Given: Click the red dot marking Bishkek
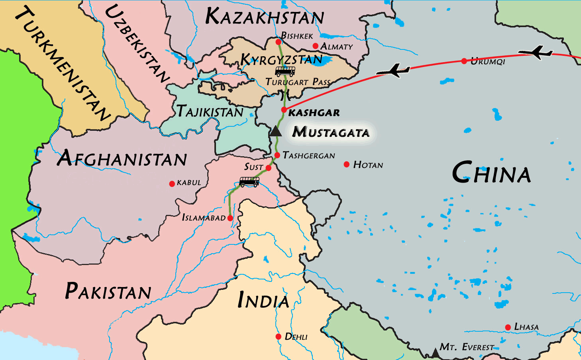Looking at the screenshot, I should click(x=278, y=42).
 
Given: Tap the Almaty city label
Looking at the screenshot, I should click(x=337, y=47).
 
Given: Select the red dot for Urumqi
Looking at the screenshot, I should click(x=464, y=61).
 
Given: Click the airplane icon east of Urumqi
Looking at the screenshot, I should click(x=536, y=52).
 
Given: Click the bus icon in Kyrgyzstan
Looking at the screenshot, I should click(x=285, y=71).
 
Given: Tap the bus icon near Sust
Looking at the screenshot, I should click(x=249, y=182).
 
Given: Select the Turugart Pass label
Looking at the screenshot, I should click(x=298, y=82).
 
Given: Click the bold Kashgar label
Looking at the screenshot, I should click(x=314, y=113).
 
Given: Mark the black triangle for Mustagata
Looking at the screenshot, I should click(x=276, y=131).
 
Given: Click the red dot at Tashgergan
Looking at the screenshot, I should click(x=277, y=155).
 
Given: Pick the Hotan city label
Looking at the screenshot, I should click(x=368, y=165).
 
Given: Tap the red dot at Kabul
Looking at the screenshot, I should click(x=172, y=184).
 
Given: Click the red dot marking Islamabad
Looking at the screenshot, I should click(x=230, y=218).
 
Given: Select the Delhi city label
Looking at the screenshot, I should click(x=296, y=337).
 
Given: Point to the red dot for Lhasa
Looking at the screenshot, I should click(x=508, y=327).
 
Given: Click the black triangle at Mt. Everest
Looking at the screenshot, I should click(x=435, y=353).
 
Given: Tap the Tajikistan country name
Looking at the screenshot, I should click(x=210, y=111).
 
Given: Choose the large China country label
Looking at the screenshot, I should click(x=491, y=173).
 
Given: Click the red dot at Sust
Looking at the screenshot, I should click(x=269, y=168).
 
